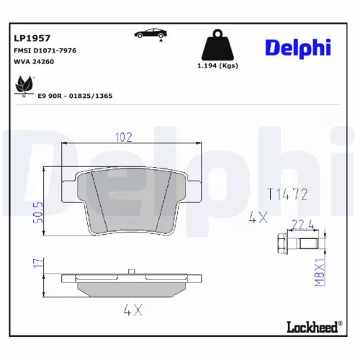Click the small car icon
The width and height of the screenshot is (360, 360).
(150, 34)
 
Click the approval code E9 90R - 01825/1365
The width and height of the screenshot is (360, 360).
(76, 95)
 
